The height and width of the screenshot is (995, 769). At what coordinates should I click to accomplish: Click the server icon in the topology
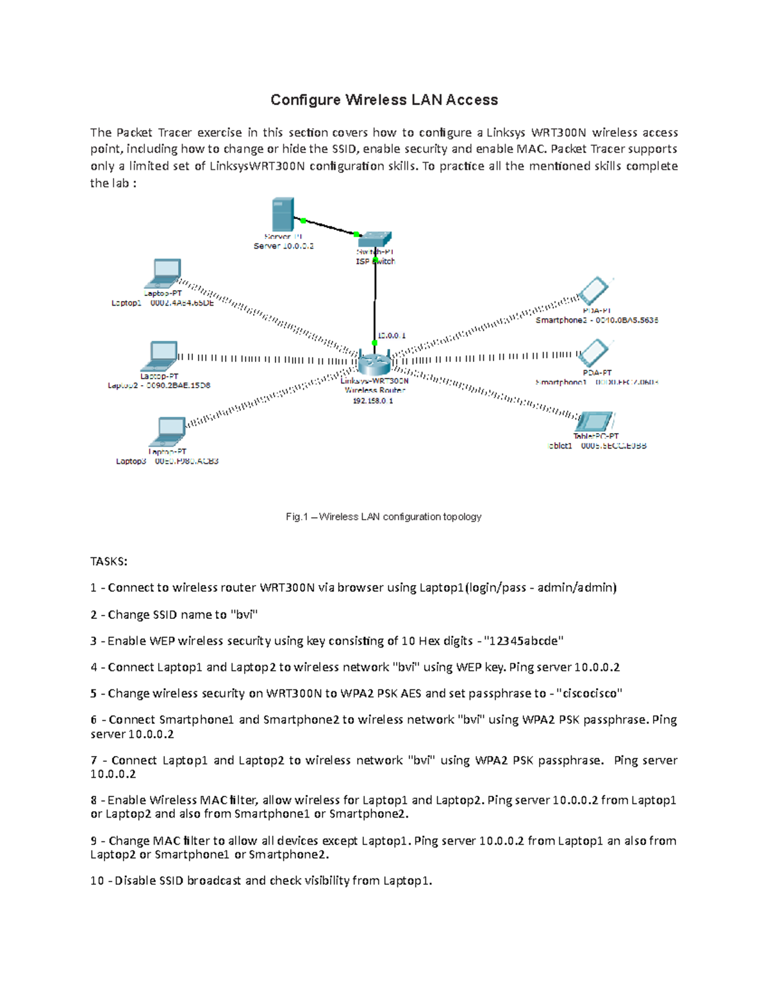283,215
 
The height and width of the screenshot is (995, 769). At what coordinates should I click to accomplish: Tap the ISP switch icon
374,240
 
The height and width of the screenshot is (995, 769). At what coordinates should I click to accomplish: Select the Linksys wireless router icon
374,363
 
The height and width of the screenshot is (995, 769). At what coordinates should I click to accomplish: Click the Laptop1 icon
164,274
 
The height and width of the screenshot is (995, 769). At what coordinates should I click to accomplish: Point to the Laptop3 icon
169,432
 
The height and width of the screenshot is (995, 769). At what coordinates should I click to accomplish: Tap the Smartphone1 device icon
594,352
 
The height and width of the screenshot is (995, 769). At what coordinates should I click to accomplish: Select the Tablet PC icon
595,422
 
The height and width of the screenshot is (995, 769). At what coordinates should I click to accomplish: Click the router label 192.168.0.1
373,401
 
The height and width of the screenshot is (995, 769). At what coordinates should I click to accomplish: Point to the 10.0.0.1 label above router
392,336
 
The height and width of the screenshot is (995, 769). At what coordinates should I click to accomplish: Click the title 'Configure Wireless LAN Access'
384,100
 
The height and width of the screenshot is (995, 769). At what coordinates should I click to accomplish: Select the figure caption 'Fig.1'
297,517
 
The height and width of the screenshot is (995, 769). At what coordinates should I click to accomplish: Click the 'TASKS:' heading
109,561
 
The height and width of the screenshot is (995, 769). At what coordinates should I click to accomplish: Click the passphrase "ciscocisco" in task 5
590,693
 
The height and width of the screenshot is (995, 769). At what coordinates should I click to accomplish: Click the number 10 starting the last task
97,881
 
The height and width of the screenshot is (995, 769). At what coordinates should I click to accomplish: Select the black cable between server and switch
329,227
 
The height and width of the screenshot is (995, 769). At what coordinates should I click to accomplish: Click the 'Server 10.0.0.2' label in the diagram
283,246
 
